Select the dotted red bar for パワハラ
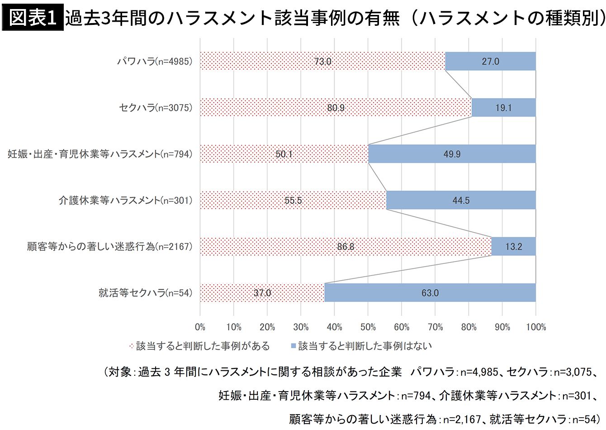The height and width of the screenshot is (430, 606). pos(271,62)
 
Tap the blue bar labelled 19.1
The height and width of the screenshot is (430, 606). pos(503,108)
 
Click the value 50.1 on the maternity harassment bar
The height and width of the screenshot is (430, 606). pos(284,154)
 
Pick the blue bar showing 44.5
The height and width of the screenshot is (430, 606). pos(461,201)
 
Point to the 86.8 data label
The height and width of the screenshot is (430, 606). pos(346,247)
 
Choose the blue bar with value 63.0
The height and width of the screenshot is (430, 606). pos(430,293)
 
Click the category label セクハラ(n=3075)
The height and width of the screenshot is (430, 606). pos(156,108)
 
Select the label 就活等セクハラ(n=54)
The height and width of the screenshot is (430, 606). pos(145,293)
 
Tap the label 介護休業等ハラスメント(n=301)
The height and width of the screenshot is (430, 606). pos(125,201)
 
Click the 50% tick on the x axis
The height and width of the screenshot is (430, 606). pos(368,327)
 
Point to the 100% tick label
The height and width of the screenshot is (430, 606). pos(536,327)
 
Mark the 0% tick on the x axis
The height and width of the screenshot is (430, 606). pos(200,327)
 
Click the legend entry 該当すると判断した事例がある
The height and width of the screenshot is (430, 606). pos(202,346)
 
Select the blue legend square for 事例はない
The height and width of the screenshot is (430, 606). pos(293,347)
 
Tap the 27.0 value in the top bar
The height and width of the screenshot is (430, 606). pos(490,62)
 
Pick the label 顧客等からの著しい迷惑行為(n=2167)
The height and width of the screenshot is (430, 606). pos(109,247)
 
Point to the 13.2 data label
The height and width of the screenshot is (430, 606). pos(514,247)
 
